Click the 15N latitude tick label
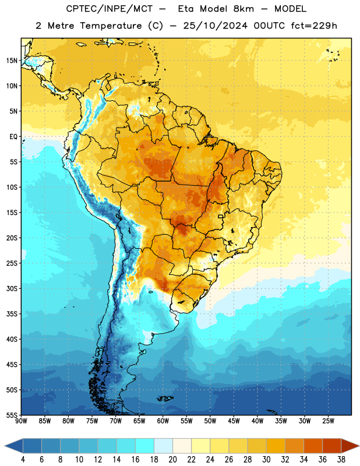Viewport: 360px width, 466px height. pyautogui.click(x=12, y=61)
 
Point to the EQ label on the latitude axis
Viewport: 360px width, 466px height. pyautogui.click(x=13, y=137)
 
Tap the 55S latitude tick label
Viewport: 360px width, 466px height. pyautogui.click(x=12, y=415)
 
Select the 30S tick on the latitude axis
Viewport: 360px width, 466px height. pyautogui.click(x=12, y=288)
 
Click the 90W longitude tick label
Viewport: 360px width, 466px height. pyautogui.click(x=22, y=421)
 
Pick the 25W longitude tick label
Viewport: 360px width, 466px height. pyautogui.click(x=328, y=421)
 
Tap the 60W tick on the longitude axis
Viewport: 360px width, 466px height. pyautogui.click(x=163, y=421)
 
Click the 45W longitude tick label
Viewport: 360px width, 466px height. pyautogui.click(x=234, y=421)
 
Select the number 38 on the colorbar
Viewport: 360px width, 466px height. pyautogui.click(x=341, y=460)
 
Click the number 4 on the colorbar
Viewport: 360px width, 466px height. pyautogui.click(x=23, y=460)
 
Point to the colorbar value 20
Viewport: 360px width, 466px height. pyautogui.click(x=172, y=460)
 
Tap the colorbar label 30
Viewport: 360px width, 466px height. pyautogui.click(x=266, y=460)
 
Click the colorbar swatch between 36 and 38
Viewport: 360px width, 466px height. pyautogui.click(x=332, y=446)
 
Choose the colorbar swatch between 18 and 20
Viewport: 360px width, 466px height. pyautogui.click(x=164, y=446)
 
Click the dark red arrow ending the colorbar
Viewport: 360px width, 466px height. pyautogui.click(x=350, y=446)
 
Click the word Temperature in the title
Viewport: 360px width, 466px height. pyautogui.click(x=111, y=26)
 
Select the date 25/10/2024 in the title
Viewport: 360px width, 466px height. pyautogui.click(x=215, y=26)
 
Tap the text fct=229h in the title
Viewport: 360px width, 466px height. pyautogui.click(x=314, y=26)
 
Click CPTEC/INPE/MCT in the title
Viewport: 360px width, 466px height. pyautogui.click(x=110, y=9)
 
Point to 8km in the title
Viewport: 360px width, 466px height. pyautogui.click(x=243, y=9)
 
